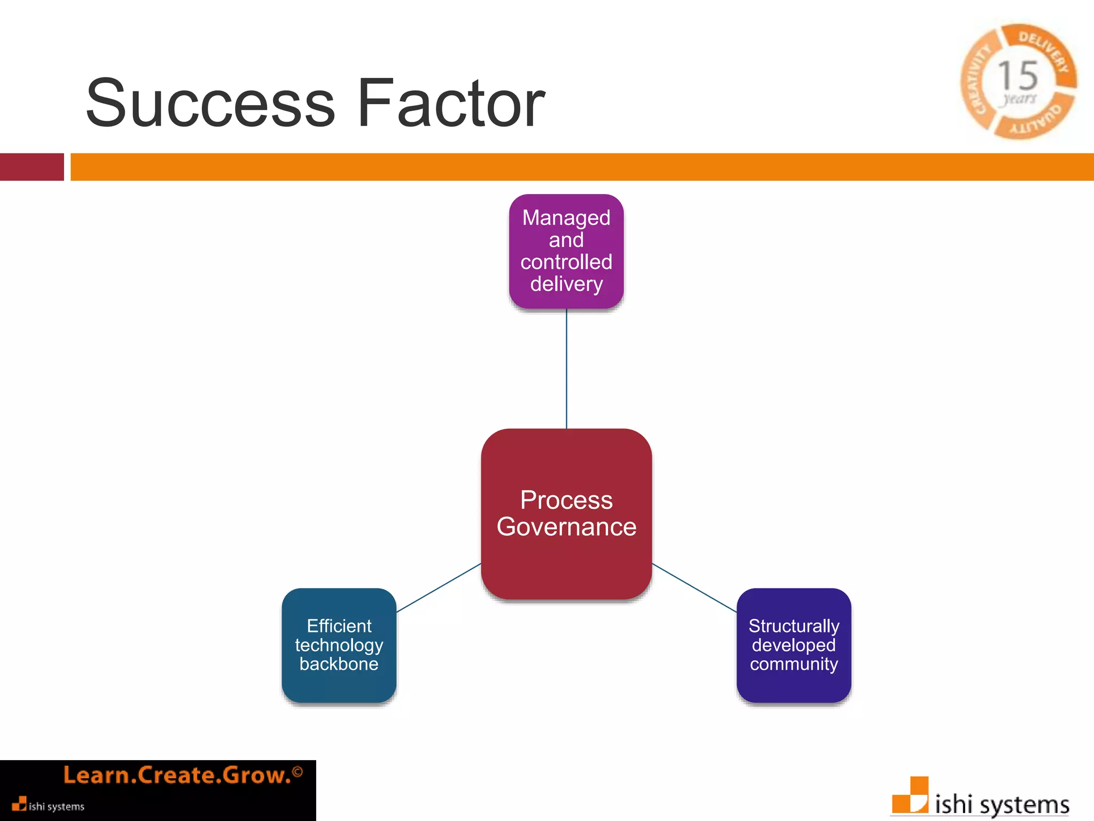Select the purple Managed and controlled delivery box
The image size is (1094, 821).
[566, 251]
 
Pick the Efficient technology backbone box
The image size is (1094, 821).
[339, 645]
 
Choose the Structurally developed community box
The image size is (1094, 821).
[794, 645]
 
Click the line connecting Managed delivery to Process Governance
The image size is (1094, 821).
[566, 369]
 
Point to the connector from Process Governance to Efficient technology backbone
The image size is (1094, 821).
[439, 587]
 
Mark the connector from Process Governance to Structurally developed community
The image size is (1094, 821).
[694, 587]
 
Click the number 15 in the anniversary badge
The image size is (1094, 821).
[1018, 75]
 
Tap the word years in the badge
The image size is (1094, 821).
[1019, 99]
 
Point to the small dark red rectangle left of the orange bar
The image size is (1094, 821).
[32, 167]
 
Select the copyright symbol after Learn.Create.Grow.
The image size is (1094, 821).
[298, 772]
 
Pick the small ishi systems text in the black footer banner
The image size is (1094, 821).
[56, 807]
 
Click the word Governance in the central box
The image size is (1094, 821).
[566, 527]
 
